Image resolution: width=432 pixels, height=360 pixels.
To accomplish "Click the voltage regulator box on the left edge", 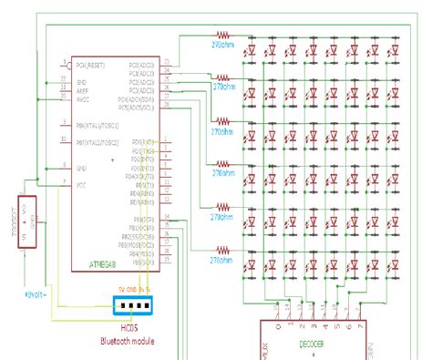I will point(27,221).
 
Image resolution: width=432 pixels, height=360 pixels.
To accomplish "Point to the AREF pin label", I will point(82,90).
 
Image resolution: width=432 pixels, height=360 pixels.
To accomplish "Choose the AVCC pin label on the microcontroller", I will point(82,99).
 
